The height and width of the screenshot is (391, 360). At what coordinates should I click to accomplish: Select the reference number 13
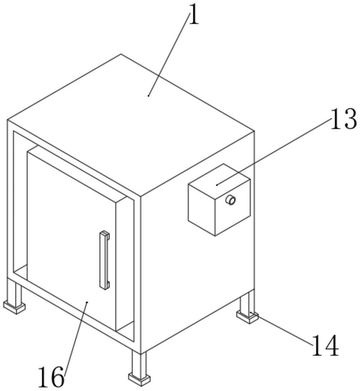point(343,119)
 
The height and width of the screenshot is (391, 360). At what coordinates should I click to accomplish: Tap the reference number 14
point(325,346)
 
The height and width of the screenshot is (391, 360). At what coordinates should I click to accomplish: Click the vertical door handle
point(104,260)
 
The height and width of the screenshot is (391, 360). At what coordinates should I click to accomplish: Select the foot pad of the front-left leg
point(14,307)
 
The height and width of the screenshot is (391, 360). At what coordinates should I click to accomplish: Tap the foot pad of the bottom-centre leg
point(139,378)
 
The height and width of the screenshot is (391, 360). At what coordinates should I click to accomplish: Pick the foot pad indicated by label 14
point(247,317)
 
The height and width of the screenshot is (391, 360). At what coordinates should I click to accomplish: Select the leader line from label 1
point(168,55)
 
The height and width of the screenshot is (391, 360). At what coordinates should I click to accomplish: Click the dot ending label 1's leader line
point(149,95)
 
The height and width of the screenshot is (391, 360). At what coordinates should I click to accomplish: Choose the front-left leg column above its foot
point(16,291)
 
